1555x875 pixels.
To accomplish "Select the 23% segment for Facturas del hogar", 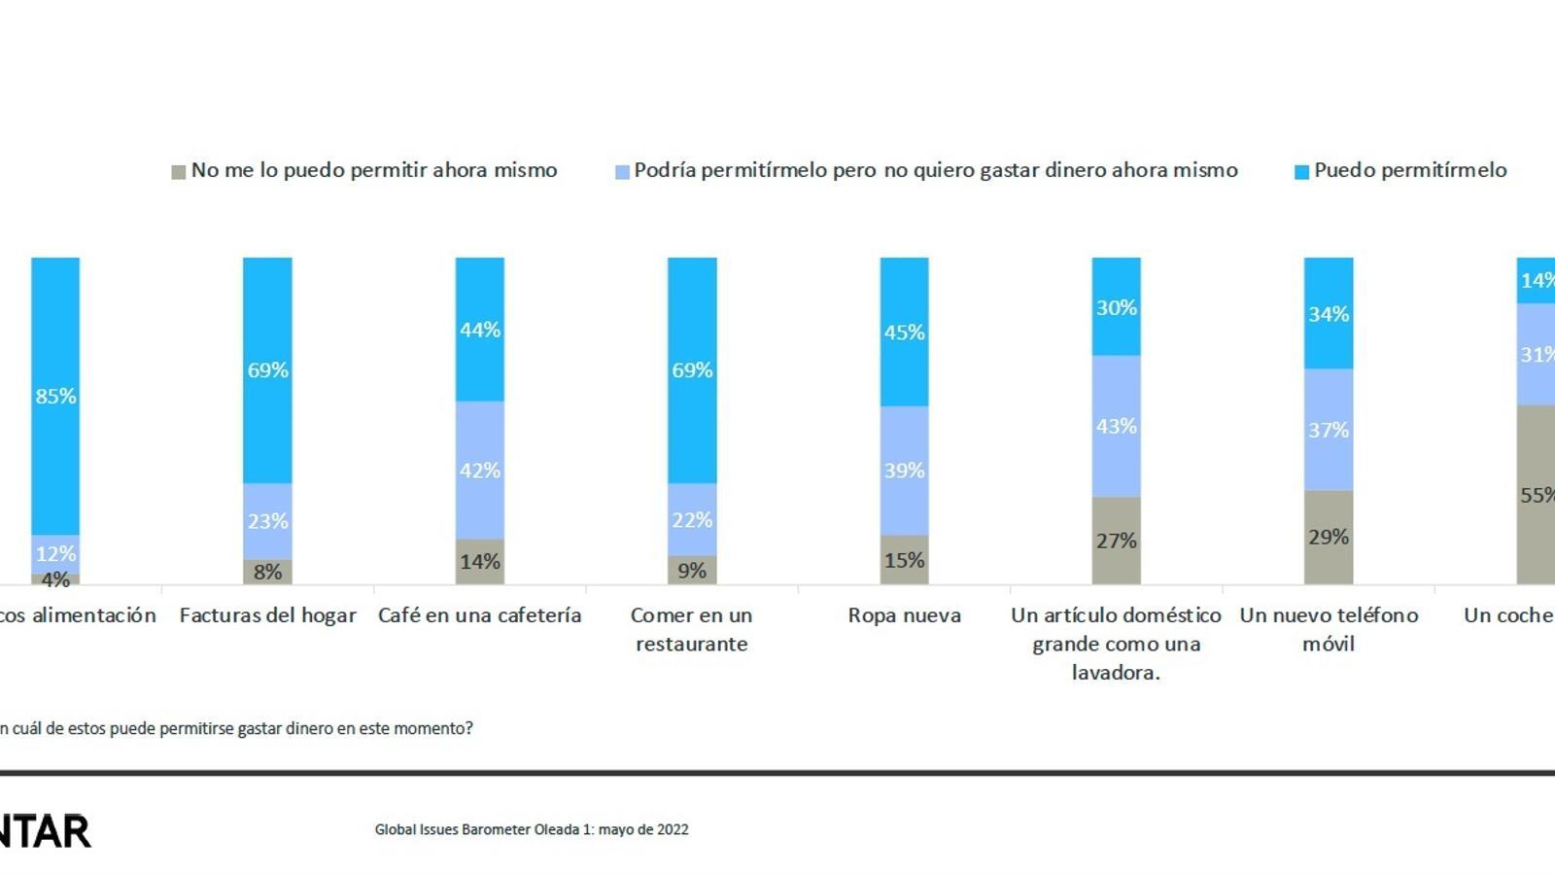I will point(267,521).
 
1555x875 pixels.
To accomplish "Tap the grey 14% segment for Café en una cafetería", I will point(480,561).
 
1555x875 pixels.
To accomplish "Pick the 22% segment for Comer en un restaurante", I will point(692,519).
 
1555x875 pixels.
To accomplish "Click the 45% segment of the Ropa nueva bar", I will point(904,332).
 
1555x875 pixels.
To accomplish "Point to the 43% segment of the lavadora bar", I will point(1116,426).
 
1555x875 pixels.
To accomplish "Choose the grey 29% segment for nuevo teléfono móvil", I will point(1329,537).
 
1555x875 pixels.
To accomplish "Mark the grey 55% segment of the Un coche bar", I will point(1536,494).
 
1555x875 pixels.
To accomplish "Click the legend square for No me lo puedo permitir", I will point(179,172).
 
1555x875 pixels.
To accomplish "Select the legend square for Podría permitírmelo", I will point(622,172).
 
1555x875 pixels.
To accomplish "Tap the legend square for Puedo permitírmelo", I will point(1301,172).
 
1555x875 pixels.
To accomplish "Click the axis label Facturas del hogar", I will point(267,615).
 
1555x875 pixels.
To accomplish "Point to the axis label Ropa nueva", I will point(904,615).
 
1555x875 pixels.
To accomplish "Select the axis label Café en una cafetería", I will point(480,615).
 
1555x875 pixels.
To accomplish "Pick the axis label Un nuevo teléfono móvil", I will point(1329,629).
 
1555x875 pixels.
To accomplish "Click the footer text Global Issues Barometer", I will point(532,829).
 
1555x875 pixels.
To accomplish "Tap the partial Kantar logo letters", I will point(45,832).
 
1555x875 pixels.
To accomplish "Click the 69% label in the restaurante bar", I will point(692,370).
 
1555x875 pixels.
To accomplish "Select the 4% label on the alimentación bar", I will point(55,580).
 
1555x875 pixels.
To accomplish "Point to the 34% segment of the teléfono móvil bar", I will point(1329,313).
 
